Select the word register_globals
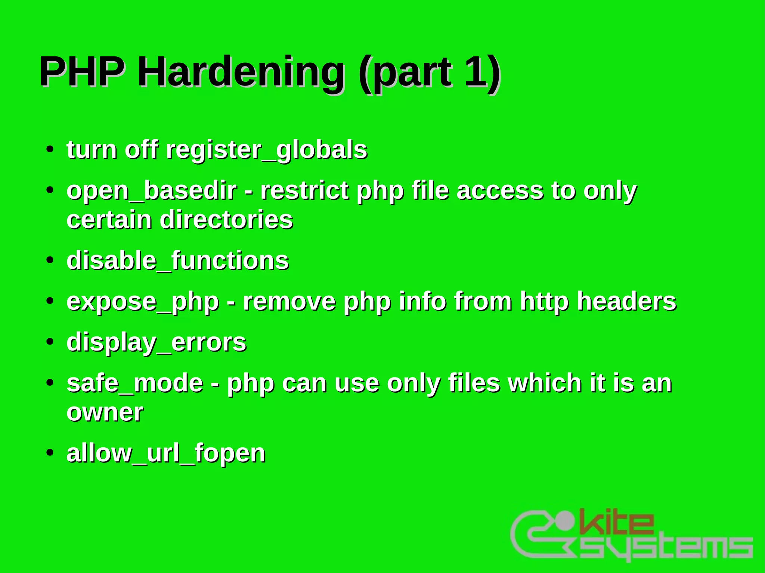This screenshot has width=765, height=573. pyautogui.click(x=266, y=150)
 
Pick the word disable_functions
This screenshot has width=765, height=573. pyautogui.click(x=178, y=261)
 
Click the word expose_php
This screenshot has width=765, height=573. pyautogui.click(x=143, y=302)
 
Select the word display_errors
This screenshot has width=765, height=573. pyautogui.click(x=157, y=343)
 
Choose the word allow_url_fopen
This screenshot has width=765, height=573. pyautogui.click(x=166, y=453)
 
